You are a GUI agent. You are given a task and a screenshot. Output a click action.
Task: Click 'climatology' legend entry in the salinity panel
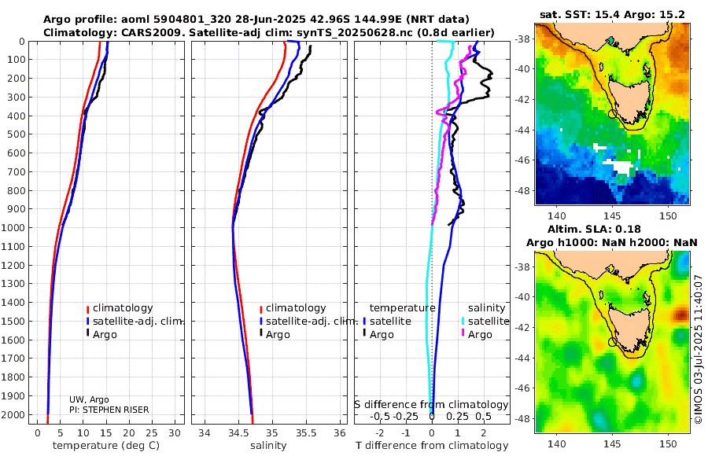[x=295, y=308]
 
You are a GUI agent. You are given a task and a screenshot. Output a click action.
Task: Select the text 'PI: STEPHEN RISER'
[x=109, y=410]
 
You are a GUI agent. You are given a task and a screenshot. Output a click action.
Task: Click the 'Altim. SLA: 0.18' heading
[x=612, y=227]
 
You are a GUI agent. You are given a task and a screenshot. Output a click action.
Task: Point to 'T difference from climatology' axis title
[x=431, y=446]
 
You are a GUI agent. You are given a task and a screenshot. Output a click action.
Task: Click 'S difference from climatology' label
[x=431, y=404]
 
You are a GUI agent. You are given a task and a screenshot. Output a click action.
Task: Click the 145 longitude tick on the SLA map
[x=613, y=443]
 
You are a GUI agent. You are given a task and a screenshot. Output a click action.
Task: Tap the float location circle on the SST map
[x=613, y=114]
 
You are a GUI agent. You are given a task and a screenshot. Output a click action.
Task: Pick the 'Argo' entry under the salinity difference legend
[x=480, y=335]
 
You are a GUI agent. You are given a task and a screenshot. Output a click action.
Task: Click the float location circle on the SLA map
[x=613, y=342]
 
